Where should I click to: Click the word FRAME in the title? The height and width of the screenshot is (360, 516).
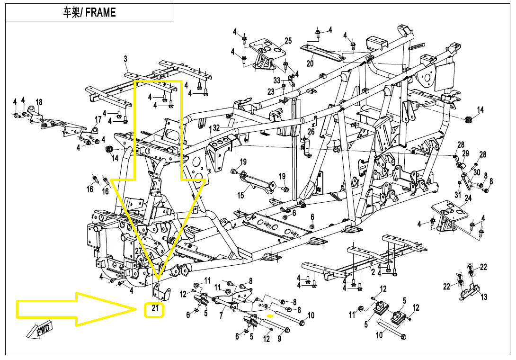tap(101, 12)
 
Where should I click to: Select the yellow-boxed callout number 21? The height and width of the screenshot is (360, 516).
tap(154, 310)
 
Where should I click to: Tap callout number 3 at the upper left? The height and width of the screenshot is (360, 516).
tap(125, 59)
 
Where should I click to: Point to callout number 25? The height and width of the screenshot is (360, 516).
tap(288, 41)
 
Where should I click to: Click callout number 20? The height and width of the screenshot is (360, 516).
tap(310, 63)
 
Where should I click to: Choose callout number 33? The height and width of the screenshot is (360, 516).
tap(277, 80)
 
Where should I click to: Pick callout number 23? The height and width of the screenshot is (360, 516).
tap(271, 91)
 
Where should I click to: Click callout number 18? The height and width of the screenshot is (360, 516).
tap(39, 102)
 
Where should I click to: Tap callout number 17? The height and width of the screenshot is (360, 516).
tap(98, 119)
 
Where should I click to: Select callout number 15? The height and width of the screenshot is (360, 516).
tap(240, 195)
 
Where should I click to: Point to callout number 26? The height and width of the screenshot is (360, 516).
tap(311, 132)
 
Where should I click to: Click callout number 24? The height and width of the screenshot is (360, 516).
tap(468, 198)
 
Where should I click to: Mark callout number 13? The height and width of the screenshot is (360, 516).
tap(484, 297)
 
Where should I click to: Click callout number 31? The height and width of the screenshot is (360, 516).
tap(458, 195)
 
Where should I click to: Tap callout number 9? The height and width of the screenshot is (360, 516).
tap(279, 339)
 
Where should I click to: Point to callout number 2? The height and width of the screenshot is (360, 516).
tap(373, 272)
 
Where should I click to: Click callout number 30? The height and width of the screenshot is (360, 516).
tap(477, 172)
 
